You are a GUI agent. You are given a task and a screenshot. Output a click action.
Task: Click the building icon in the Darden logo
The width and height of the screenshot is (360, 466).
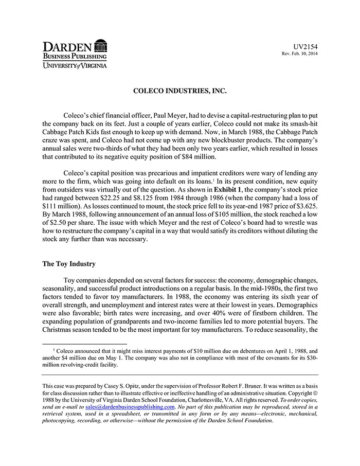coord(101,45)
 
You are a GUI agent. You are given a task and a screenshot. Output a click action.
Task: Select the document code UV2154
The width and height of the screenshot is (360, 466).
coord(305,46)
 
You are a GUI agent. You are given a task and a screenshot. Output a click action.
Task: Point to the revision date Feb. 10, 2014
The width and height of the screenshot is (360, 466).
coord(304,54)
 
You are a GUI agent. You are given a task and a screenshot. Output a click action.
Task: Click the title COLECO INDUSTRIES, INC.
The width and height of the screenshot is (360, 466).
coord(179,91)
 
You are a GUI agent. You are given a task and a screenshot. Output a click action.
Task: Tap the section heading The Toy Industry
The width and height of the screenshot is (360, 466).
coord(68,264)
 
